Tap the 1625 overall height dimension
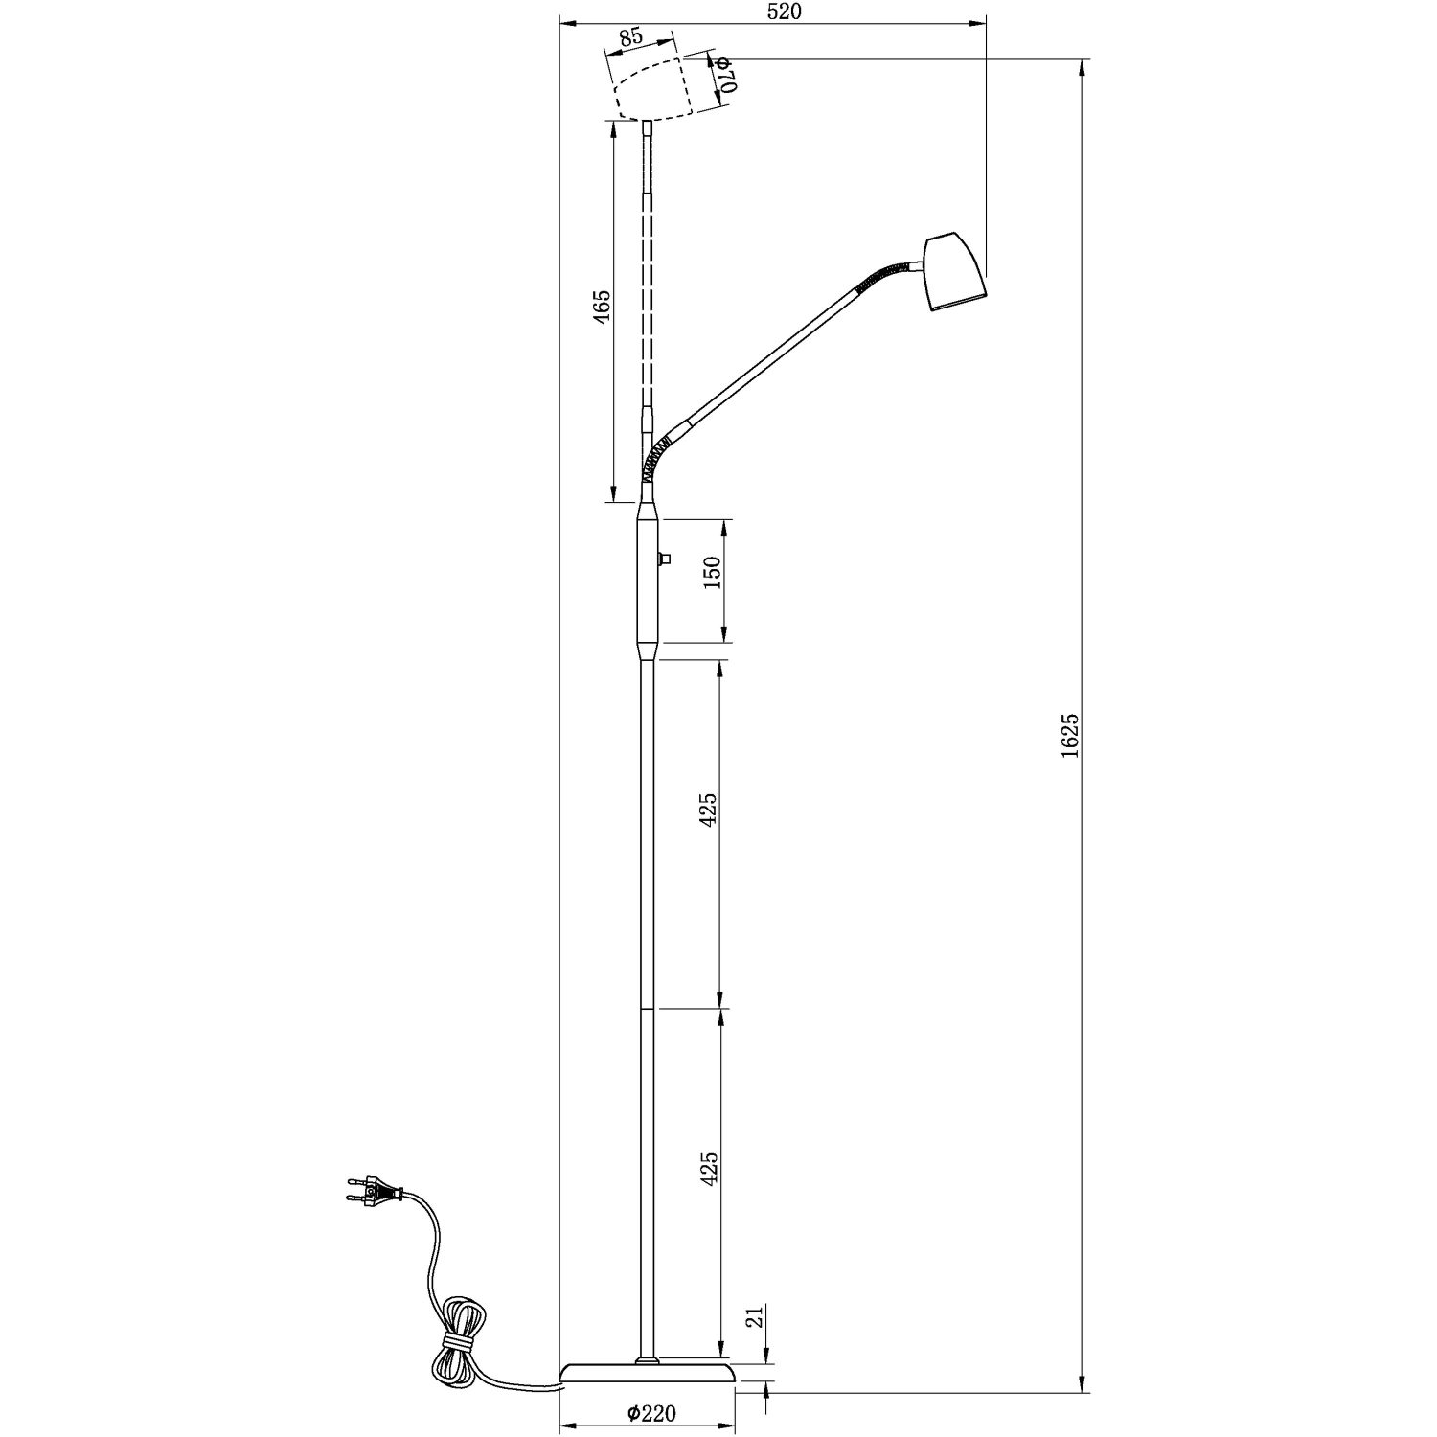pyautogui.click(x=1071, y=735)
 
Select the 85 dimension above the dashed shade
pyautogui.click(x=630, y=37)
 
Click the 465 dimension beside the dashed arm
pyautogui.click(x=602, y=307)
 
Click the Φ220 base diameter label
pyautogui.click(x=652, y=1412)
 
